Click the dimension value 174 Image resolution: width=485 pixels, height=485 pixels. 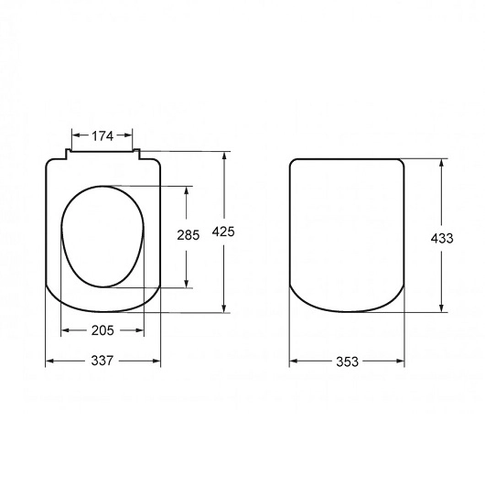[102, 136]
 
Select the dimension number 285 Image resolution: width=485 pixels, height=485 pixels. [189, 235]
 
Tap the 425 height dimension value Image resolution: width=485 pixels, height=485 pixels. [223, 232]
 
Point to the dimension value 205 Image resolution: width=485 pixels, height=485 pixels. [102, 330]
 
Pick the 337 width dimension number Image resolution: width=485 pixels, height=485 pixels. [102, 361]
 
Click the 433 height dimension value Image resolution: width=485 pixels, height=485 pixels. [442, 239]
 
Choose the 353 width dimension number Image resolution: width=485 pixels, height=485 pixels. [348, 361]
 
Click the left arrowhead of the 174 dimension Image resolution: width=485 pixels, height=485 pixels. [76, 135]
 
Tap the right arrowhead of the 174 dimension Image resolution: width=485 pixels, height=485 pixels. [128, 135]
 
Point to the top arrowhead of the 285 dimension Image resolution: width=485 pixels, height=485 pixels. [186, 190]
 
